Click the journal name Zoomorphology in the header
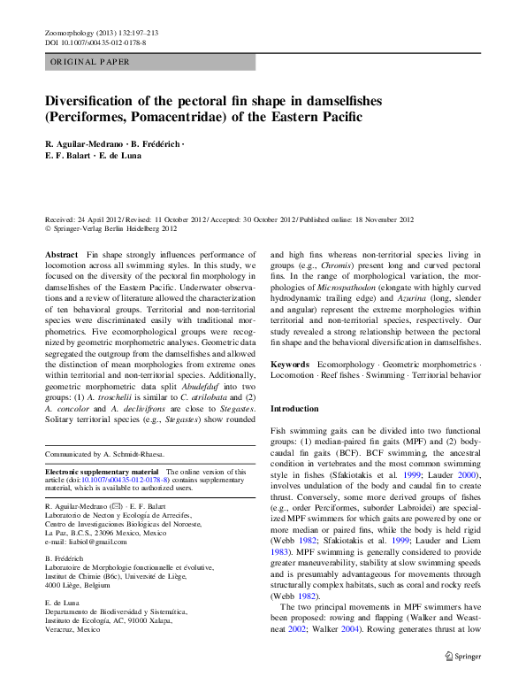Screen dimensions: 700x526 tap(68, 32)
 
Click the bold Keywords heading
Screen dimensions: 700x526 tap(290, 365)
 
